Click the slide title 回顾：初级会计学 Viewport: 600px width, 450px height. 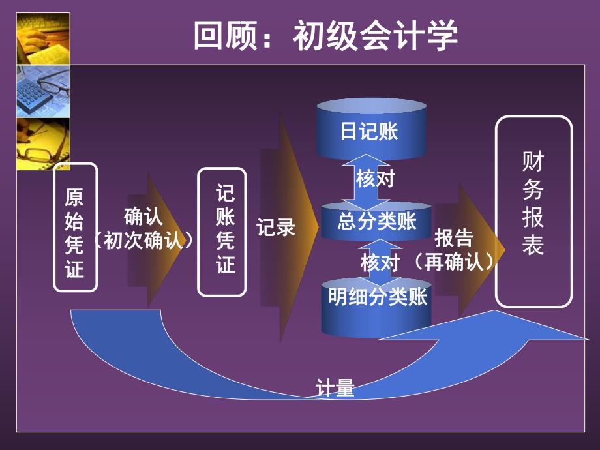[325, 36]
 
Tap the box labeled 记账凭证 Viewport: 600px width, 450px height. [222, 231]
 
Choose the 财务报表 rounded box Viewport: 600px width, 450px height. [533, 212]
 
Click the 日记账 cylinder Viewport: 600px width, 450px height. [369, 131]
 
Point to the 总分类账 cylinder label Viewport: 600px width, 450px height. [377, 222]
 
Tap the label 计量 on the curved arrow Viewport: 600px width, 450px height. [335, 389]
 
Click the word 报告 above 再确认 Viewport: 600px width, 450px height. [454, 238]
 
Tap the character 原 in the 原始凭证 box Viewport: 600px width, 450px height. [75, 197]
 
